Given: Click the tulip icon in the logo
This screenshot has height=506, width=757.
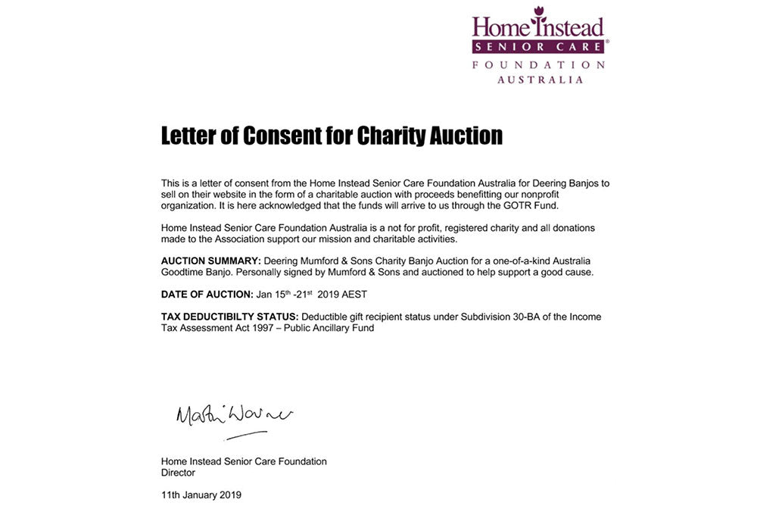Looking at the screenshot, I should click(539, 11).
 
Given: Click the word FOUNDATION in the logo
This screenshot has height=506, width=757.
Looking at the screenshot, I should click(539, 65).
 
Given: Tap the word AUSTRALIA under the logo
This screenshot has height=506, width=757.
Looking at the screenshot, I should click(540, 80).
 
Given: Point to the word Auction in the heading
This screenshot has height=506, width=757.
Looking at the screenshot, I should click(466, 136).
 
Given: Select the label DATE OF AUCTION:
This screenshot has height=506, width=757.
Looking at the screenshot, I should click(207, 294).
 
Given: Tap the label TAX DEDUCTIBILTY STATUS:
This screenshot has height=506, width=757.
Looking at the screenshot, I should click(230, 317).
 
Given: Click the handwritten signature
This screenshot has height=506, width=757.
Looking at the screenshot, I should click(233, 415).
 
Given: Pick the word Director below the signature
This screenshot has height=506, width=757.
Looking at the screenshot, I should click(178, 473).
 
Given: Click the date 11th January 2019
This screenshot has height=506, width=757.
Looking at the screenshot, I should click(201, 495).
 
